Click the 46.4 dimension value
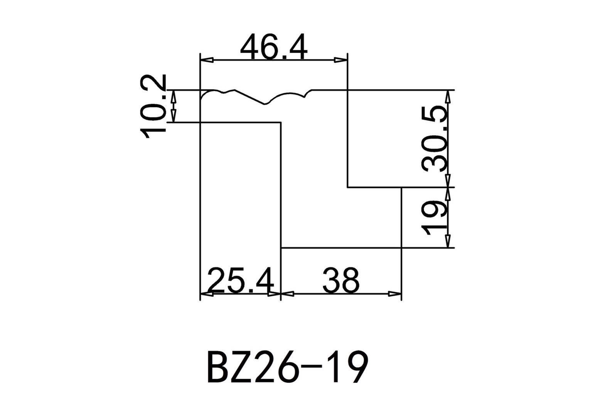point(274,47)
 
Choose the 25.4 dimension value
point(241,280)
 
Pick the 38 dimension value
point(341,280)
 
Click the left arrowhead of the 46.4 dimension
point(207,60)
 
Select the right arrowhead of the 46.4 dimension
point(340,60)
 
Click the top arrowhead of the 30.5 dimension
point(448,97)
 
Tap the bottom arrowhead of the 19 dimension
point(448,241)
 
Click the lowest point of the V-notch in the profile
point(265,104)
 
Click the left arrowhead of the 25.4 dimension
point(207,294)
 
